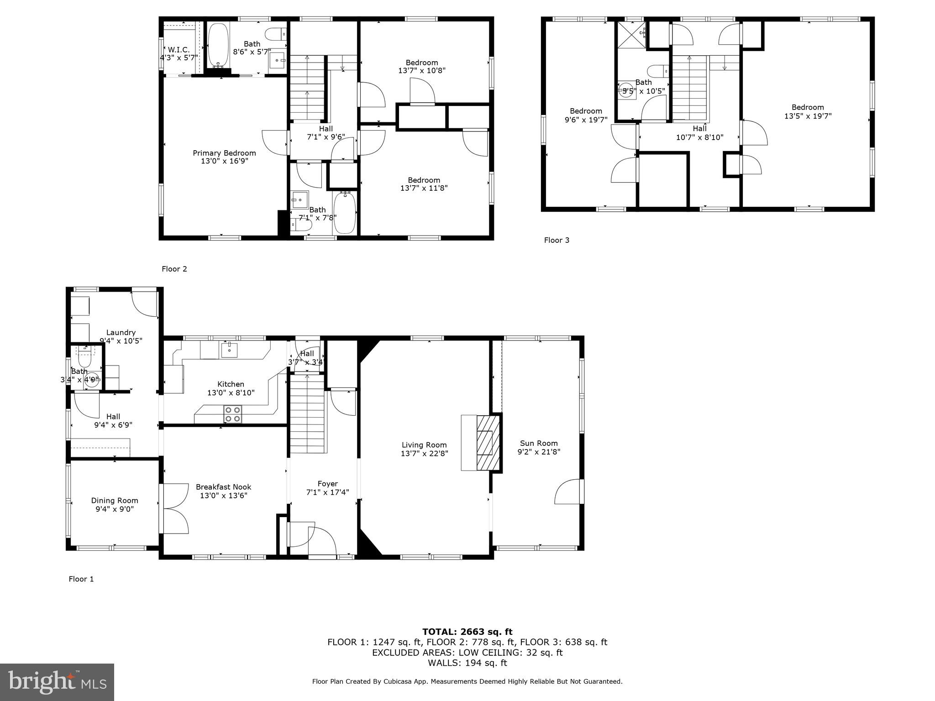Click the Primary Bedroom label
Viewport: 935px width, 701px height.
pos(224,153)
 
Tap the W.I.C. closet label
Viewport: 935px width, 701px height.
pos(179,49)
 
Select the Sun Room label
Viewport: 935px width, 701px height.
pos(539,443)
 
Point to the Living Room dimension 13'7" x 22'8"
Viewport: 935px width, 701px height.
pos(424,453)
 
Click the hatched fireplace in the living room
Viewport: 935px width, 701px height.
pos(485,442)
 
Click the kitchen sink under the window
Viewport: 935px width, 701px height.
pos(229,350)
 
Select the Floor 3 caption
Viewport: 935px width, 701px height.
pos(557,240)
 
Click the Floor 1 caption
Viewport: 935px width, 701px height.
pos(81,579)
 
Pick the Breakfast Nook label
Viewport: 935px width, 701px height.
pos(223,487)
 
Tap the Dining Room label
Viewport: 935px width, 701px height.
pos(115,501)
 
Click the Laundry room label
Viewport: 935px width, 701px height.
pos(121,332)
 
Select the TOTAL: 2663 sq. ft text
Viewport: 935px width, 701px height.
pos(467,632)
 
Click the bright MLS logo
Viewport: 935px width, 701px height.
pos(57,682)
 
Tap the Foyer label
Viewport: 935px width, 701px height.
pos(327,484)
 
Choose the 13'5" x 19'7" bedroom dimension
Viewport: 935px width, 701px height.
pos(808,116)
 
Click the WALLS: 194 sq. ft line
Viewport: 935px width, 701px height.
pos(467,663)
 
